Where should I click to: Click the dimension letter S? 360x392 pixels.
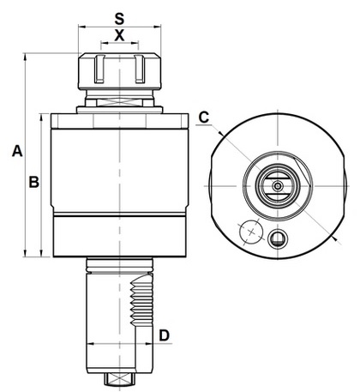click(x=119, y=19)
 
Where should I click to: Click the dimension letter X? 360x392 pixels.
click(x=119, y=36)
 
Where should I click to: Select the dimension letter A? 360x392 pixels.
click(x=17, y=151)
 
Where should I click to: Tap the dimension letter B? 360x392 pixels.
click(x=34, y=182)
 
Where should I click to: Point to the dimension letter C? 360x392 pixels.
click(x=204, y=118)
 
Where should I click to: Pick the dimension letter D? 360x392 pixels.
click(x=165, y=335)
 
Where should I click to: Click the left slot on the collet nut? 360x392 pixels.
click(x=99, y=69)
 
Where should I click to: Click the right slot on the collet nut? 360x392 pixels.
click(x=140, y=69)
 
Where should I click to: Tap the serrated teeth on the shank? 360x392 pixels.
click(x=141, y=302)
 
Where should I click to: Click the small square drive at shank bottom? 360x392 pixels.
click(x=120, y=379)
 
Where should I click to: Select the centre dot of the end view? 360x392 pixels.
click(x=277, y=186)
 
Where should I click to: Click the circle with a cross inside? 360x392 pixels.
click(x=251, y=232)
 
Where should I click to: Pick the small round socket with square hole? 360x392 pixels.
click(x=278, y=238)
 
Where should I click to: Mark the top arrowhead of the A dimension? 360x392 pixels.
click(x=26, y=57)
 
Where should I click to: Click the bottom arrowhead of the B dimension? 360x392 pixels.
click(x=42, y=253)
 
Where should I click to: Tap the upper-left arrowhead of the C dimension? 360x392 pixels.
click(x=221, y=133)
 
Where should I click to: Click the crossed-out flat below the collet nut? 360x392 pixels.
click(x=120, y=102)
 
